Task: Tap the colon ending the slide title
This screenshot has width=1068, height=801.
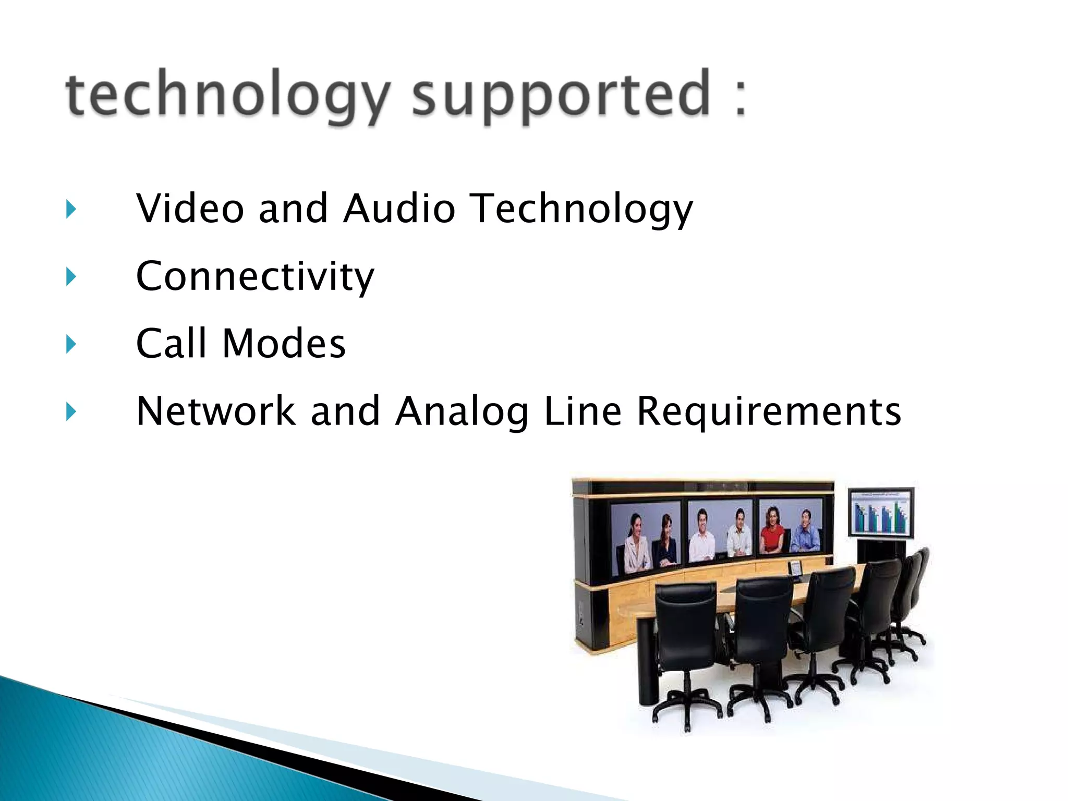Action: (740, 94)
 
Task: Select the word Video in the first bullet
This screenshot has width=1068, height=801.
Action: (190, 209)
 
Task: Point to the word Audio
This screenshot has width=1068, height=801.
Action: (399, 209)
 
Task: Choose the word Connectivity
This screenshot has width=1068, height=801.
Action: (255, 276)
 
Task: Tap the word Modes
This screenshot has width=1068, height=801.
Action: (284, 344)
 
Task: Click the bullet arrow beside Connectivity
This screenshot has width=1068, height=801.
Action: (71, 277)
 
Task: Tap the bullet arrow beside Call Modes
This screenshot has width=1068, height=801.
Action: (71, 344)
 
